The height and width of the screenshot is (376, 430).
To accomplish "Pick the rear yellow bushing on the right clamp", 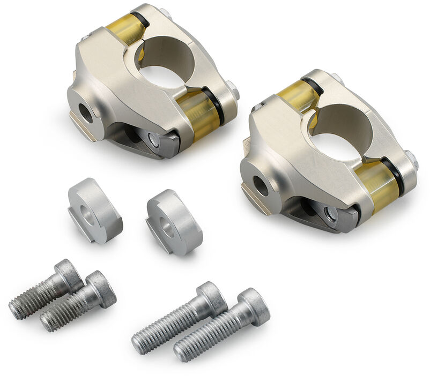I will (298, 96).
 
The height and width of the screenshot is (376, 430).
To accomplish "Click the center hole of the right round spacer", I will (168, 227).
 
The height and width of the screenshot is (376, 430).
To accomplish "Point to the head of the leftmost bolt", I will (69, 274).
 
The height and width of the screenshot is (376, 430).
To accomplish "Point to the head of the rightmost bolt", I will (254, 306).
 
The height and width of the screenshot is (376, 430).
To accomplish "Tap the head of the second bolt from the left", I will (101, 288).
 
